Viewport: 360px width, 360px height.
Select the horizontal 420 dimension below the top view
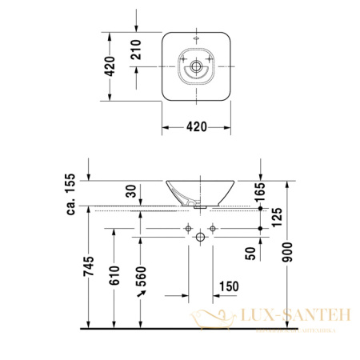click(x=196, y=126)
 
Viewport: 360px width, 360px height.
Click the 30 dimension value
click(x=129, y=192)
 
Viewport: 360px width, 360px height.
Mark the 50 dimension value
click(x=250, y=253)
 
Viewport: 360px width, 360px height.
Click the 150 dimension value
click(x=227, y=286)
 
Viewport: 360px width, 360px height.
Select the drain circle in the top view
click(x=196, y=69)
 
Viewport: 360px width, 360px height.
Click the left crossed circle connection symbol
click(x=186, y=230)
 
